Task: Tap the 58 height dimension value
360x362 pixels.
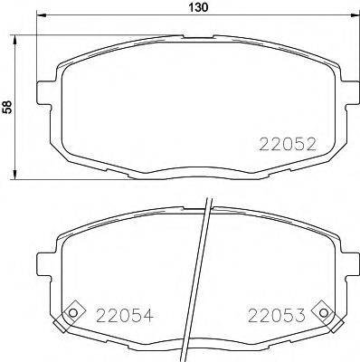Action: [8, 107]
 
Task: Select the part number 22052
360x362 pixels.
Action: [288, 144]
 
